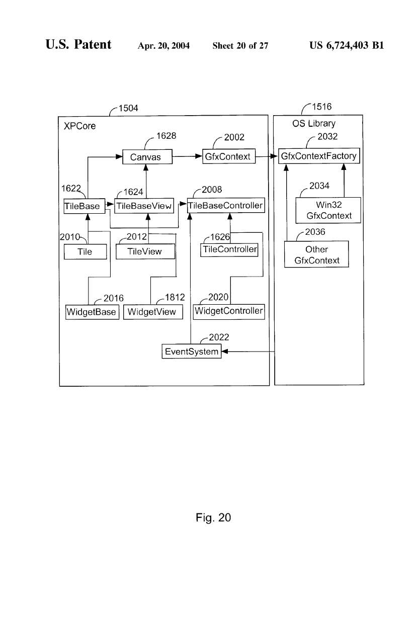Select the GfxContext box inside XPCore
pyautogui.click(x=228, y=156)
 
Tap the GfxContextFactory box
pyautogui.click(x=319, y=156)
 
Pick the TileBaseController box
pyautogui.click(x=225, y=206)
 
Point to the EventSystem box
pyautogui.click(x=192, y=351)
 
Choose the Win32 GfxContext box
pyautogui.click(x=328, y=211)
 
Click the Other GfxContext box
pyautogui.click(x=316, y=255)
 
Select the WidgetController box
pyautogui.click(x=229, y=311)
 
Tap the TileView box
pyautogui.click(x=145, y=251)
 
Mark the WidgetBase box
pyautogui.click(x=92, y=312)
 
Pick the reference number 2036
pyautogui.click(x=316, y=232)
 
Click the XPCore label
pyautogui.click(x=79, y=126)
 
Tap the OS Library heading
pyautogui.click(x=314, y=124)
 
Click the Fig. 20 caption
pyautogui.click(x=213, y=517)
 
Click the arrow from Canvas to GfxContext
pyautogui.click(x=187, y=157)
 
